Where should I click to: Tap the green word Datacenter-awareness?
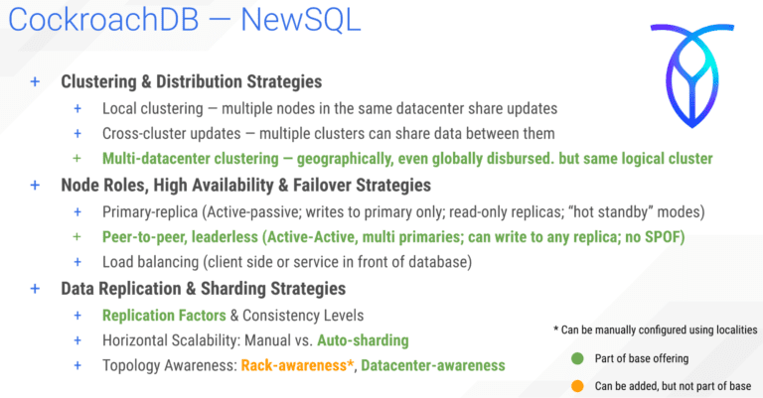coord(432,365)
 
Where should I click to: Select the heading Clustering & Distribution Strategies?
coord(192,82)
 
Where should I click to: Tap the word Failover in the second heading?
coord(332,186)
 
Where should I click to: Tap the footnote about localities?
coord(656,329)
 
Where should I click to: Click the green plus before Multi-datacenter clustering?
coord(77,159)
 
